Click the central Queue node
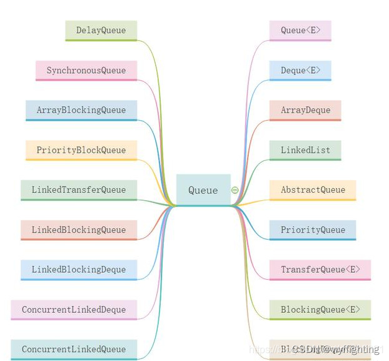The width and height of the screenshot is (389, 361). pyautogui.click(x=203, y=190)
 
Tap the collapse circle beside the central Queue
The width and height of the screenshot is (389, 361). pyautogui.click(x=235, y=190)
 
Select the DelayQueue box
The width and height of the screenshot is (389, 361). pyautogui.click(x=101, y=30)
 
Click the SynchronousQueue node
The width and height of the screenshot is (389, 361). pyautogui.click(x=86, y=70)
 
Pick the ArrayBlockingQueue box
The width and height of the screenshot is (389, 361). pyautogui.click(x=81, y=110)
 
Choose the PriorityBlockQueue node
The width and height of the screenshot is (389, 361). pyautogui.click(x=81, y=150)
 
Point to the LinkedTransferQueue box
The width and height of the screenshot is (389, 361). pyautogui.click(x=79, y=190)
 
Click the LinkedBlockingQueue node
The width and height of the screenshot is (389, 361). pyautogui.click(x=79, y=230)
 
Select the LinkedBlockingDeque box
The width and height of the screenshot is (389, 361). pyautogui.click(x=79, y=270)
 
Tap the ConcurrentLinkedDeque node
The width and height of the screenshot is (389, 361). pyautogui.click(x=74, y=310)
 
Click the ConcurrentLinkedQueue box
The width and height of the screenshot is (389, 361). pyautogui.click(x=74, y=349)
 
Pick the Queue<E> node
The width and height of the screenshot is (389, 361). pyautogui.click(x=300, y=30)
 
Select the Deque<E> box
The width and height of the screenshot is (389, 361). pyautogui.click(x=300, y=70)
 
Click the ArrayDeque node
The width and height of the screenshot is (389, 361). pyautogui.click(x=305, y=110)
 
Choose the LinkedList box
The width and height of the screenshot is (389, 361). pyautogui.click(x=305, y=150)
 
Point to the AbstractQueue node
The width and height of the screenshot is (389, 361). pyautogui.click(x=313, y=190)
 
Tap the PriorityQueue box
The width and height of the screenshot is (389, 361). pyautogui.click(x=313, y=230)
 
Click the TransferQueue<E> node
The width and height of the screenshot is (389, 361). pyautogui.click(x=320, y=270)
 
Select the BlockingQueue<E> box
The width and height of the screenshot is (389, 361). pyautogui.click(x=320, y=310)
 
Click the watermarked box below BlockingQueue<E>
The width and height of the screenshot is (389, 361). pyautogui.click(x=320, y=349)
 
